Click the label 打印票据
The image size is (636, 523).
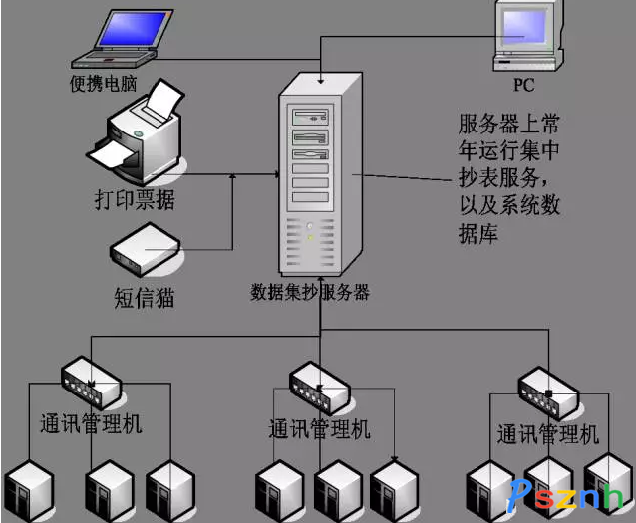[135, 199]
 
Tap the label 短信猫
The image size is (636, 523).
[145, 296]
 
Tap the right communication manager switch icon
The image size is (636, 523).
[549, 390]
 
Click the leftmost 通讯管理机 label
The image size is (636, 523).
[91, 423]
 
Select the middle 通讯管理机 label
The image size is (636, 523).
[320, 429]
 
